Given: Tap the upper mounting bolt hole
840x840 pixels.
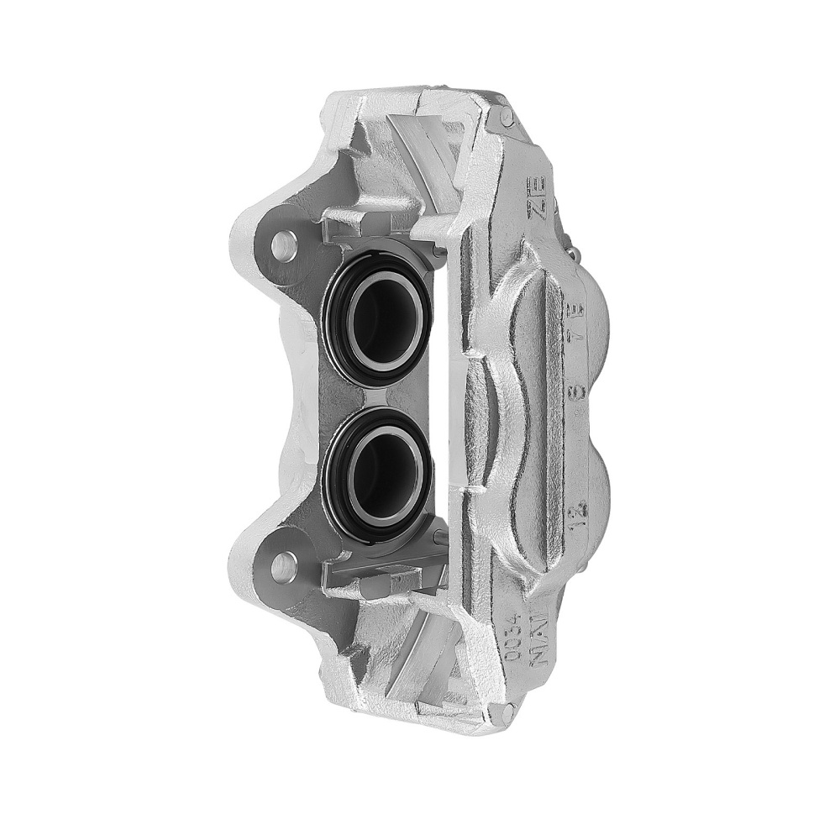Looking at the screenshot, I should coord(284,244).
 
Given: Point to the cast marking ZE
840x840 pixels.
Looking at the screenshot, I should coord(538,197).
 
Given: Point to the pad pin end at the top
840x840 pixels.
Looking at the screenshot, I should coord(507,118).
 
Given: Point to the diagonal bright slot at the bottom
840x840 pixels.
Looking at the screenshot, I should coord(420,664).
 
